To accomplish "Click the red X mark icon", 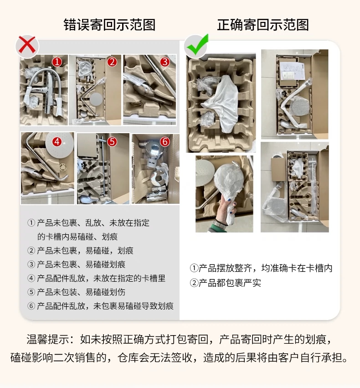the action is tap(27, 46).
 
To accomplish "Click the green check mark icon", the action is tap(197, 45).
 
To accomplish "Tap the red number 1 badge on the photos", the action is tap(57, 62).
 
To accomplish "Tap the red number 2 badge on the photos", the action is tap(112, 62).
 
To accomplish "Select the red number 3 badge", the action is tap(165, 62).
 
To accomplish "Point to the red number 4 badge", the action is tap(57, 142).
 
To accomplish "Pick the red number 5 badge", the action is tap(112, 142).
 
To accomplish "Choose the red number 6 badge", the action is tap(165, 142).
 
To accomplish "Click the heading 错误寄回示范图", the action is tap(109, 25).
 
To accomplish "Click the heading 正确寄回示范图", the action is tap(263, 25).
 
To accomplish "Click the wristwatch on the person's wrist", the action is tap(220, 224).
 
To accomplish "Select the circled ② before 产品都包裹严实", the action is tap(194, 283).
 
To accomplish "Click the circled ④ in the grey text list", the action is tap(31, 279).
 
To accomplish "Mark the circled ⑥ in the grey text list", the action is tap(31, 306).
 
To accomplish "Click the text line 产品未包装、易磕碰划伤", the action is tap(81, 292).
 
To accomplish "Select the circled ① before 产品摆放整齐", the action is tap(194, 268).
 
